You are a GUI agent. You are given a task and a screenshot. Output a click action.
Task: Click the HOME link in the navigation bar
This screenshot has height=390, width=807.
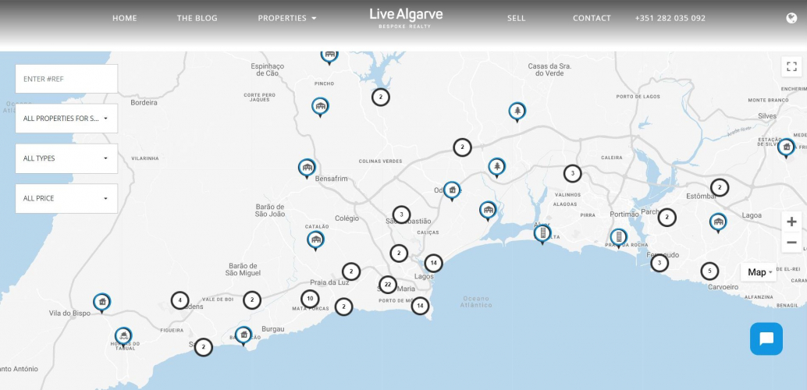[x=124, y=18]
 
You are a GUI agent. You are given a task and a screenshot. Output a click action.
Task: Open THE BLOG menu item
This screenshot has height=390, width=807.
[x=197, y=18]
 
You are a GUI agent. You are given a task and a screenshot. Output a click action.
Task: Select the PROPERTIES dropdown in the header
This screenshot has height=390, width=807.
[x=287, y=18]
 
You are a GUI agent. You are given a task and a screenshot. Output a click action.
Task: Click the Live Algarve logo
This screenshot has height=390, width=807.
[x=406, y=17]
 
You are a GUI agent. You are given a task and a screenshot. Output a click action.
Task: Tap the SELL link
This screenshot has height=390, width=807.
[x=516, y=18]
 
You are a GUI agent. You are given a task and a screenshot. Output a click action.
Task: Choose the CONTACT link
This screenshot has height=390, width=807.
[x=592, y=18]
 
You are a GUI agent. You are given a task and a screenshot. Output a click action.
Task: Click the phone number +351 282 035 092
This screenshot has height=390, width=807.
[x=670, y=18]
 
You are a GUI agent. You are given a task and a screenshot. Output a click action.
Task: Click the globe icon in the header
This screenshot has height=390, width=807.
[x=792, y=18]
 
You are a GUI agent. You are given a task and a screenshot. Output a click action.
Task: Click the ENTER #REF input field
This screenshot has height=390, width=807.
[x=66, y=79]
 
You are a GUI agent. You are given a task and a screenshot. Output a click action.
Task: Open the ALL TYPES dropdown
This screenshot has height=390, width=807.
[x=66, y=158]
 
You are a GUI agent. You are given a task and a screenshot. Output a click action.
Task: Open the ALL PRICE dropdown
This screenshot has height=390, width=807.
[x=66, y=198]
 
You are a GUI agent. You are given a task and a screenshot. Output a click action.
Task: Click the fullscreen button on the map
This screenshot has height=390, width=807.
[x=791, y=66]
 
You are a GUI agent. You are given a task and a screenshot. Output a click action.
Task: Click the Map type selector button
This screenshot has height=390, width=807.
[x=760, y=272]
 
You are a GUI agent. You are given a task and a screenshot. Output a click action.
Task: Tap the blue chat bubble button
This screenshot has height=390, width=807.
[x=766, y=339]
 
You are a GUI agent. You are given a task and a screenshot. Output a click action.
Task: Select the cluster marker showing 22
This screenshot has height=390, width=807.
[x=387, y=285]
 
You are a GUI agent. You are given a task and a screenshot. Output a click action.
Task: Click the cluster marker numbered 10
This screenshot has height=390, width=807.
[x=310, y=299]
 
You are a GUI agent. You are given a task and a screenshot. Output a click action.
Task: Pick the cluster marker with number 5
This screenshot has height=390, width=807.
[x=709, y=271]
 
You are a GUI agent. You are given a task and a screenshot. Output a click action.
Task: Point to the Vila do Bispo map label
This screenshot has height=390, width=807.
[x=69, y=314]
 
